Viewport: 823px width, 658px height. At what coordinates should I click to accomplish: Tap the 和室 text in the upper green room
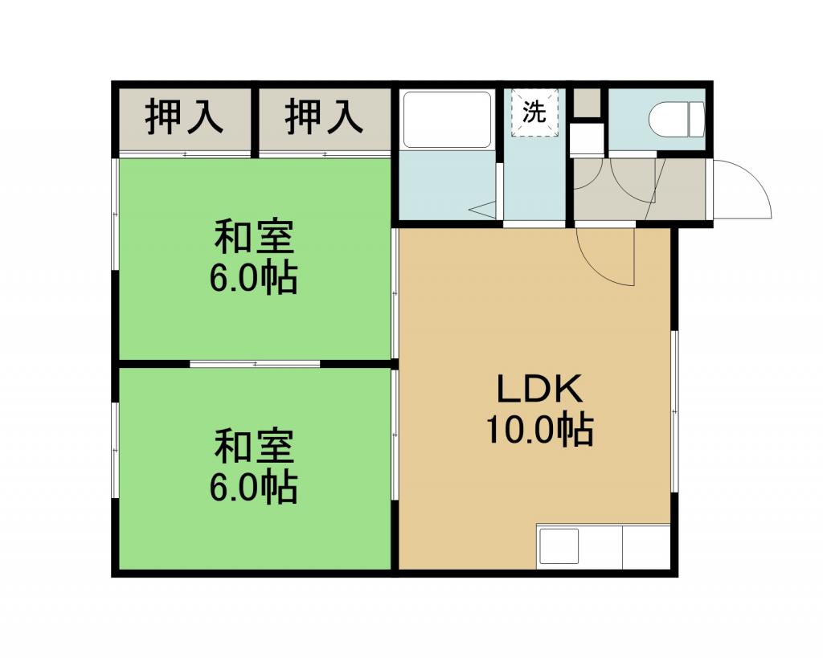coord(254,238)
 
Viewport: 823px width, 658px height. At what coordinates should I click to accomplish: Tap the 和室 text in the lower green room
coord(254,447)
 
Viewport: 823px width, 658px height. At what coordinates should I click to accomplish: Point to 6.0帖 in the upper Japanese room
coord(254,278)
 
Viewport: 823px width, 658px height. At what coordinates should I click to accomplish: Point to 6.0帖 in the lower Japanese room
coord(254,488)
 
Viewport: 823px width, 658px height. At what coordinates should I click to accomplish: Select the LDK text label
coord(540,389)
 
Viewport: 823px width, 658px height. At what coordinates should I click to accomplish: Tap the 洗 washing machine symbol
coord(534,112)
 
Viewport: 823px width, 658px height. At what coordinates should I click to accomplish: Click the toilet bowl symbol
coord(676,120)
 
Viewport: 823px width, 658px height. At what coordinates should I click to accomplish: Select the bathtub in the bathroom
coord(446,121)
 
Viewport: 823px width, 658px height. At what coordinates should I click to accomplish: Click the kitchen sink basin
coord(559,546)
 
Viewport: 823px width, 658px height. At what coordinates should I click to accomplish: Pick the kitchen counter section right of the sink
coord(646,546)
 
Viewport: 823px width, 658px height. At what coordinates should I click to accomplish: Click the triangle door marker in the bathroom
coord(483,210)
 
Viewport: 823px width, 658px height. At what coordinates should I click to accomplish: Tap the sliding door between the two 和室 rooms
coord(255,364)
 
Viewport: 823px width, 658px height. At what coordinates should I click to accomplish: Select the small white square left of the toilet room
coord(588,139)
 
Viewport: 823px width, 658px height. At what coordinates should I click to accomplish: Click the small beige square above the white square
coord(586,103)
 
